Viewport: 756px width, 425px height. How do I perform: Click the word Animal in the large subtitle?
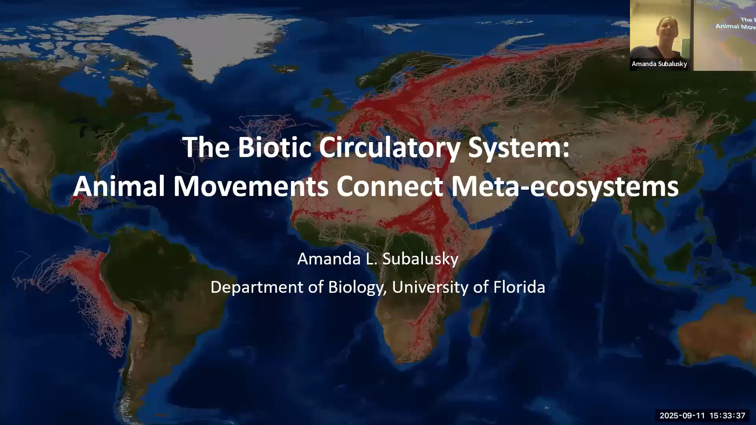pos(119,186)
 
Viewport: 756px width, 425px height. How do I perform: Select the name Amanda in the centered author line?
pos(328,259)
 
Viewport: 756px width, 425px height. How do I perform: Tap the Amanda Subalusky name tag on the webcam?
pos(659,64)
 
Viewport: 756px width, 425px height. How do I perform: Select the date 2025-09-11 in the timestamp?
pos(682,416)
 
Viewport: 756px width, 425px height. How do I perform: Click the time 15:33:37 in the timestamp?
pos(728,416)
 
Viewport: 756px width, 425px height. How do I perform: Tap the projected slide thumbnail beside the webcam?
pos(724,35)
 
